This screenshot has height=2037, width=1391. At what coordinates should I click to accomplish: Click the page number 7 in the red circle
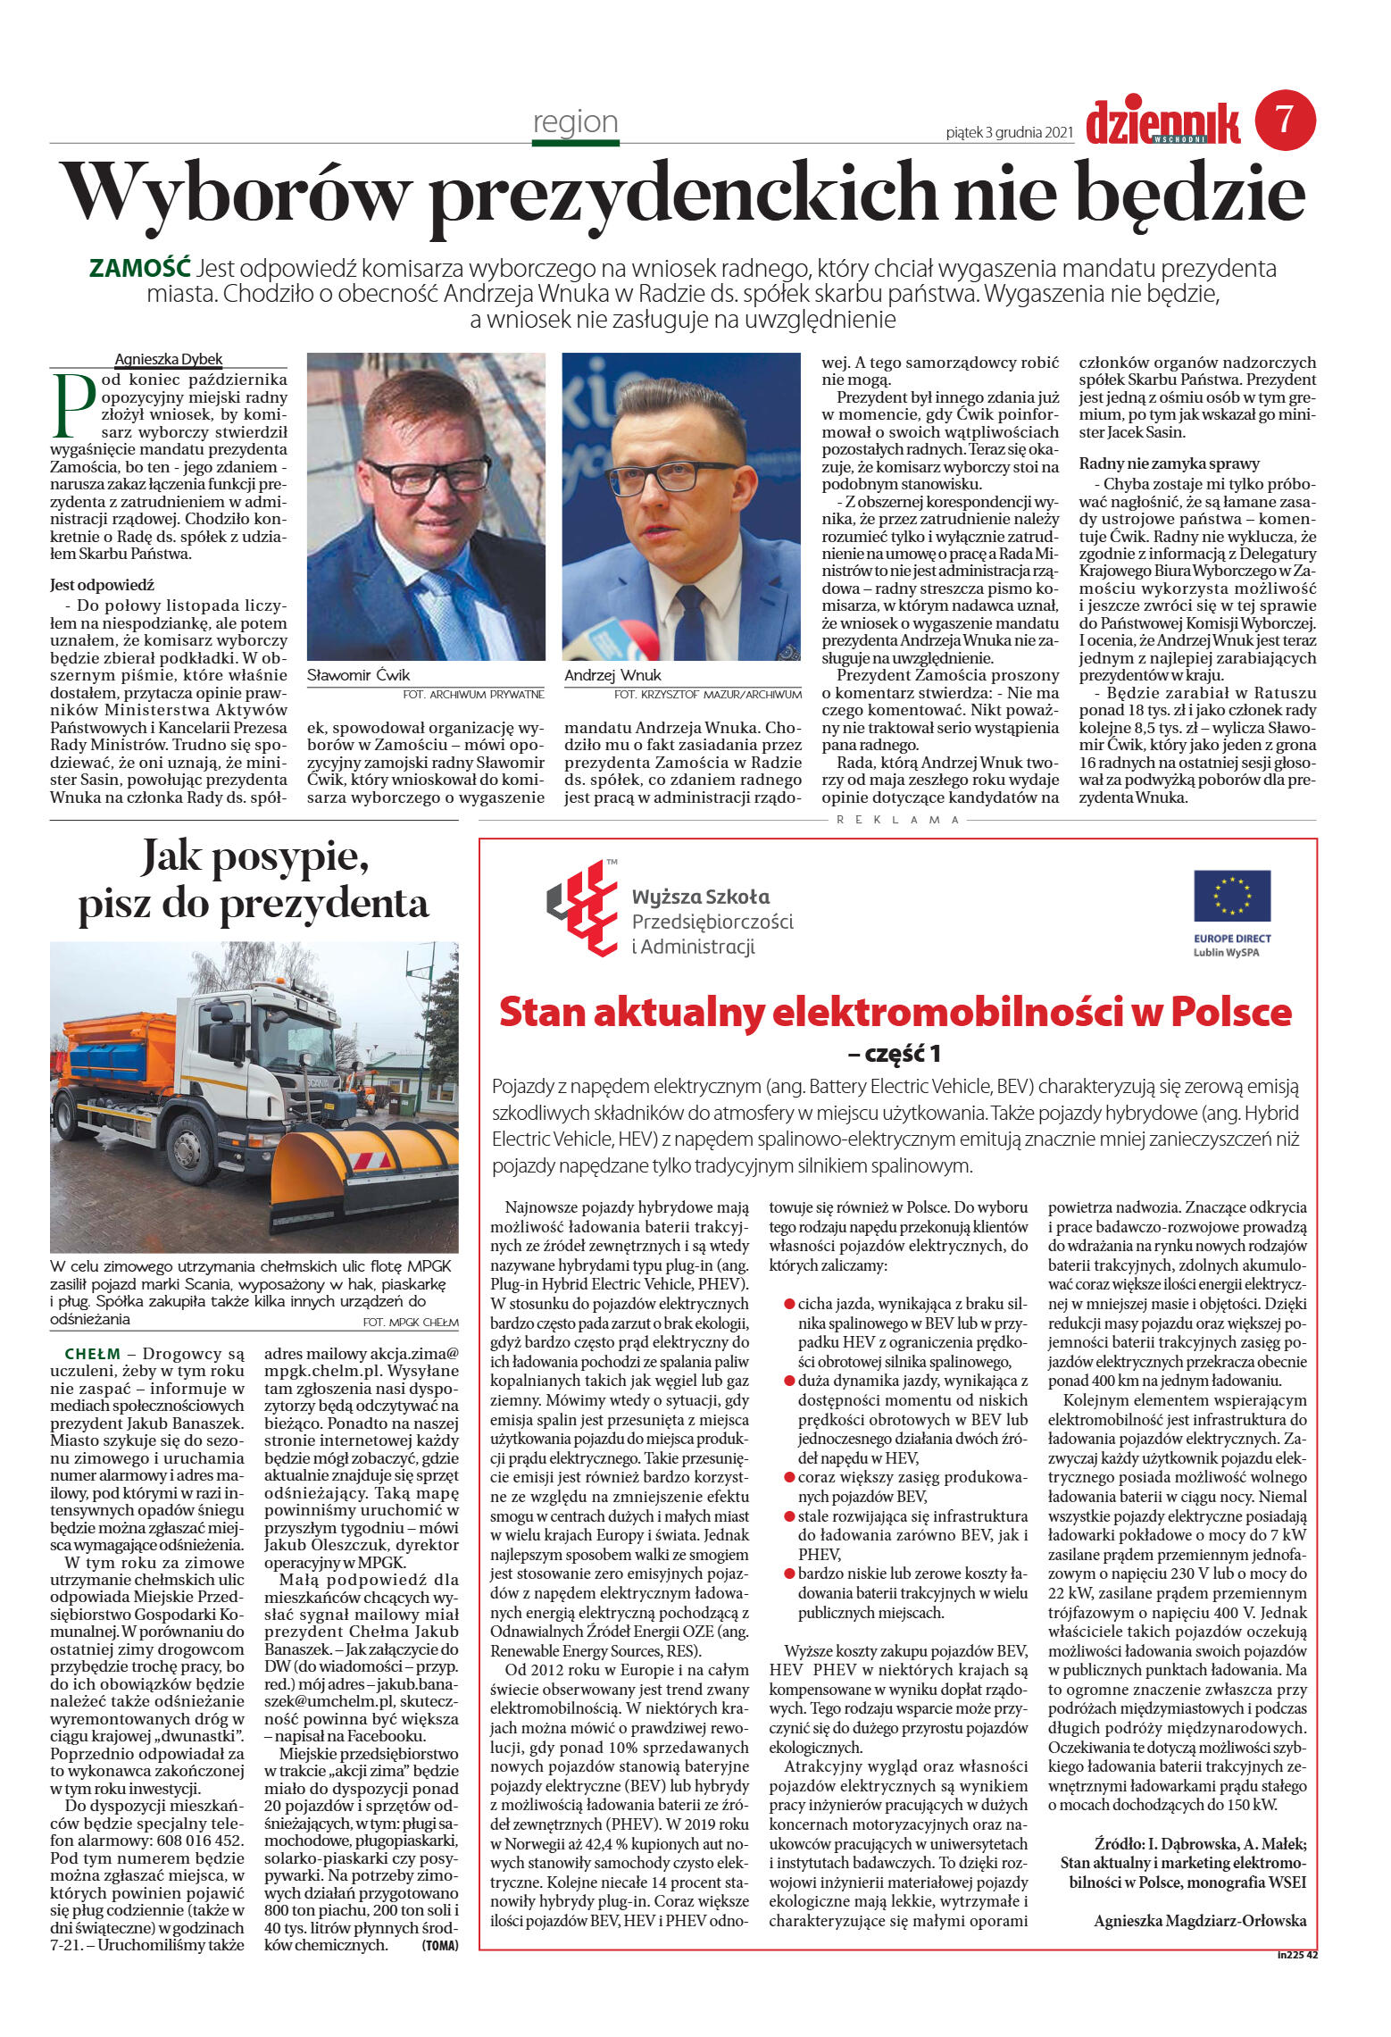pyautogui.click(x=1285, y=120)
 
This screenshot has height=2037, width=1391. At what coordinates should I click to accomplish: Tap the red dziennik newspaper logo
pyautogui.click(x=1162, y=122)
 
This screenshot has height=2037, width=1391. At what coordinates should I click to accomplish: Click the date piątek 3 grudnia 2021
pyautogui.click(x=1009, y=133)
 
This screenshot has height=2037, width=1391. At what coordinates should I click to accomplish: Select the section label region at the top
pyautogui.click(x=575, y=121)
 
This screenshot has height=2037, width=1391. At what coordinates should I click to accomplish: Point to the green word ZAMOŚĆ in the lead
pyautogui.click(x=140, y=268)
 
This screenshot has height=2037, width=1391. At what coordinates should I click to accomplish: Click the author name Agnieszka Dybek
pyautogui.click(x=169, y=359)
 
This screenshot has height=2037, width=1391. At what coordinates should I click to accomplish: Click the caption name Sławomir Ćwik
pyautogui.click(x=358, y=675)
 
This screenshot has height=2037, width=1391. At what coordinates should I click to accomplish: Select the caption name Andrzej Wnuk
pyautogui.click(x=612, y=675)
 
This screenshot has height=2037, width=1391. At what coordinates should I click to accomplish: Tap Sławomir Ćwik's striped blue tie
pyautogui.click(x=452, y=617)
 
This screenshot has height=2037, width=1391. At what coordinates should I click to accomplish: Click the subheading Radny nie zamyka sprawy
pyautogui.click(x=1169, y=463)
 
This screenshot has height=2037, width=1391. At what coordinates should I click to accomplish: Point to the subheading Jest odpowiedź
pyautogui.click(x=102, y=585)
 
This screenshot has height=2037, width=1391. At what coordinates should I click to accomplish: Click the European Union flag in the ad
pyautogui.click(x=1231, y=895)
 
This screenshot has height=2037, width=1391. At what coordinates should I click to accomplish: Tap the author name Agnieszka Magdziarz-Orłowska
pyautogui.click(x=1199, y=1920)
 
